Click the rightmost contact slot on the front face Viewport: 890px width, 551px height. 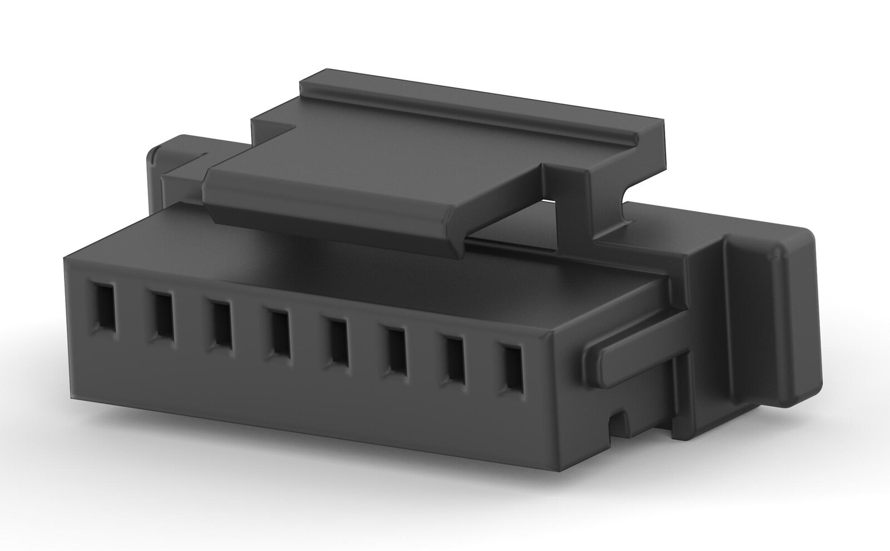513,368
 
